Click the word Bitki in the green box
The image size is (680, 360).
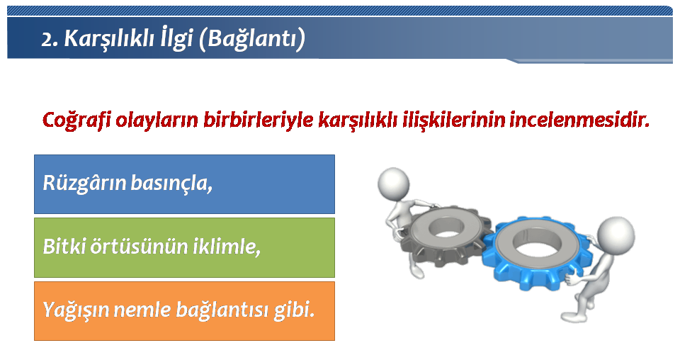[64, 247]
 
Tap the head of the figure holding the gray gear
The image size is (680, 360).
[393, 182]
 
